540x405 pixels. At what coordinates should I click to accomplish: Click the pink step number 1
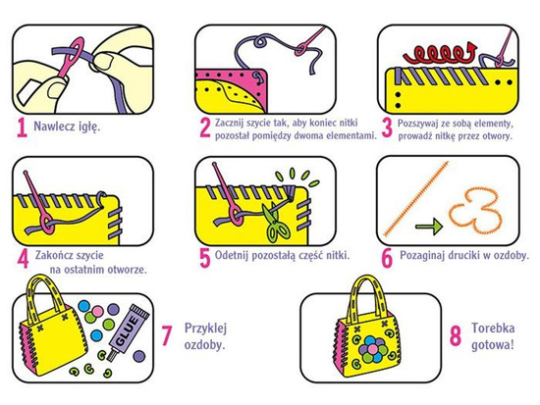tap(22, 128)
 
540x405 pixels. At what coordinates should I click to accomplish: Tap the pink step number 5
tap(204, 258)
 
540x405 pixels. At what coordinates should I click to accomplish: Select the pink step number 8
tap(456, 336)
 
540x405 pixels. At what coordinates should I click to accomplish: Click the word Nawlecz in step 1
tap(54, 127)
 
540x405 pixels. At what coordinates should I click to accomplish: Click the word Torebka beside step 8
tap(493, 328)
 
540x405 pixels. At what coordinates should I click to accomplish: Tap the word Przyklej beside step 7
tap(205, 329)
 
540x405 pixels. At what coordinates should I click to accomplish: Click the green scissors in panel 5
tap(274, 221)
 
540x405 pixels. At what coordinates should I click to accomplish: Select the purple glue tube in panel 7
tap(129, 332)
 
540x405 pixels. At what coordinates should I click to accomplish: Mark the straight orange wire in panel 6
tap(415, 199)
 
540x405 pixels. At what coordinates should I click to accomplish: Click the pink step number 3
tap(387, 128)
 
